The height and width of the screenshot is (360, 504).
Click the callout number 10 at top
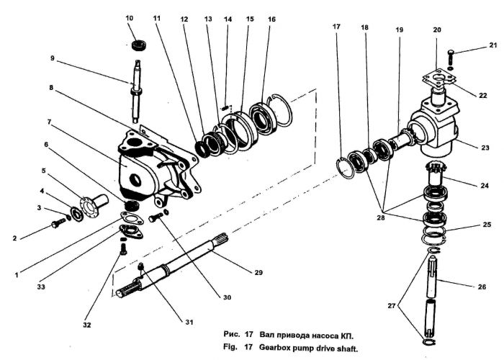point(129,18)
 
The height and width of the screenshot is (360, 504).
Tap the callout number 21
point(493,45)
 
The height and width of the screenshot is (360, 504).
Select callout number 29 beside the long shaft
point(258,273)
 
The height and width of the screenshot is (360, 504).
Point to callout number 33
point(41,287)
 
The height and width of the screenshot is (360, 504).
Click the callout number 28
point(381,217)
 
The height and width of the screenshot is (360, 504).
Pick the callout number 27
point(392,306)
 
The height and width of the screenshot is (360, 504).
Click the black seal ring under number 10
point(140,45)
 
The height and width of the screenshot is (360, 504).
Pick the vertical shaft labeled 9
point(137,91)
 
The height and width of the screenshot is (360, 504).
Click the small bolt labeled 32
point(123,249)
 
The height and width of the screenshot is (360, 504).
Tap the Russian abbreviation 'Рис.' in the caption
point(231,334)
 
